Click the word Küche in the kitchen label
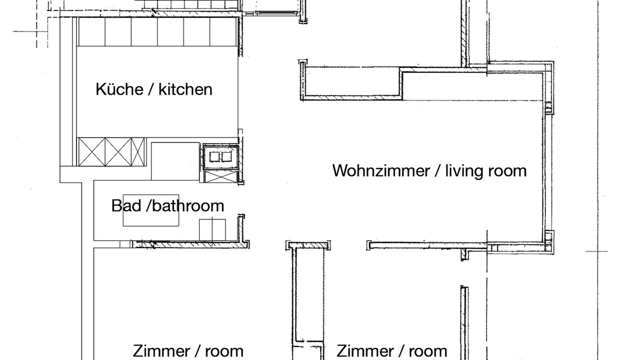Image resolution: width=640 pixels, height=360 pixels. (x=119, y=89)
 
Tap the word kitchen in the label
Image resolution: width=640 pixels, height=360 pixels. (x=185, y=89)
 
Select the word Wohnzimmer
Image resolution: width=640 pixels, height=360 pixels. (x=381, y=170)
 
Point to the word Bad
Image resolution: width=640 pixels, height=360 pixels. (x=126, y=205)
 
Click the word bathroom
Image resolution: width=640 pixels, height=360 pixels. (x=188, y=205)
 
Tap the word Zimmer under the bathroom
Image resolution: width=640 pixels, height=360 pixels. (x=161, y=351)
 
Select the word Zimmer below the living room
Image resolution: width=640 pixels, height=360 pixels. (x=365, y=351)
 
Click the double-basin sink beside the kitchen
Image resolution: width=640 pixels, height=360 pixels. (x=220, y=157)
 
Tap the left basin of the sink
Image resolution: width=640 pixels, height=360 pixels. (x=214, y=157)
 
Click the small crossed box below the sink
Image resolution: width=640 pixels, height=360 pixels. (x=221, y=176)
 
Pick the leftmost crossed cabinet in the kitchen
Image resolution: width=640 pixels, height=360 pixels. (x=91, y=151)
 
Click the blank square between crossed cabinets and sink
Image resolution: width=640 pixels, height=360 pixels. (x=175, y=161)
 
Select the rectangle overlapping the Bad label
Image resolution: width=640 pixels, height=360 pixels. (x=151, y=210)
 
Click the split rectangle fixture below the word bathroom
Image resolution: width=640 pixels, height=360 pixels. (x=212, y=229)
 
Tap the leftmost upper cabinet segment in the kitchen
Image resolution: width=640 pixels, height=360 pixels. (x=91, y=31)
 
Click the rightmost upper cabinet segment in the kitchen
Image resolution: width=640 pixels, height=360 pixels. (x=223, y=31)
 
